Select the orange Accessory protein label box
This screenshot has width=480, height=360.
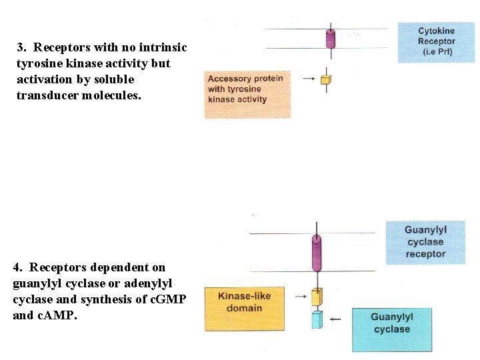click(x=247, y=94)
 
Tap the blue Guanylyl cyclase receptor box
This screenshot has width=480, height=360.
click(x=425, y=243)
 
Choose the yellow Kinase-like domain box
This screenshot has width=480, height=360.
click(x=244, y=308)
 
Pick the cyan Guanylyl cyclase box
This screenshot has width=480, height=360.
click(x=392, y=329)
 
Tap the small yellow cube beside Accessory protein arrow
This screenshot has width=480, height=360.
click(x=326, y=80)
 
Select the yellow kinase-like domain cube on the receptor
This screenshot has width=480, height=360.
click(x=317, y=296)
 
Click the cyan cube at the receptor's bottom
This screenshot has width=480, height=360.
click(x=317, y=320)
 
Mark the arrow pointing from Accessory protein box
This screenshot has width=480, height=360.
click(x=309, y=79)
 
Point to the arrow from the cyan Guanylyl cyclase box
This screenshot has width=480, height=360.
click(x=335, y=319)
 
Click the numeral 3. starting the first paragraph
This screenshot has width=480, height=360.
click(x=21, y=47)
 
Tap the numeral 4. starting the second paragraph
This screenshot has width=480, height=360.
click(x=17, y=267)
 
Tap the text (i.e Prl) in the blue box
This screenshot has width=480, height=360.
click(x=436, y=52)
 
